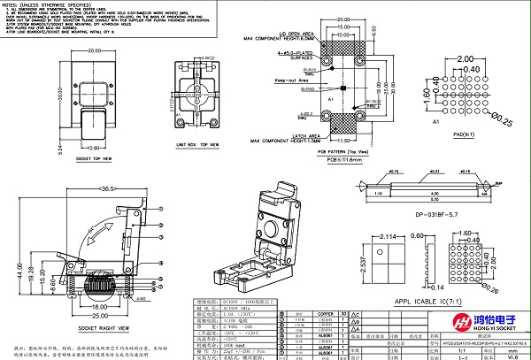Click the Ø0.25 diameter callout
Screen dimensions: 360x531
pyautogui.click(x=504, y=115)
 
